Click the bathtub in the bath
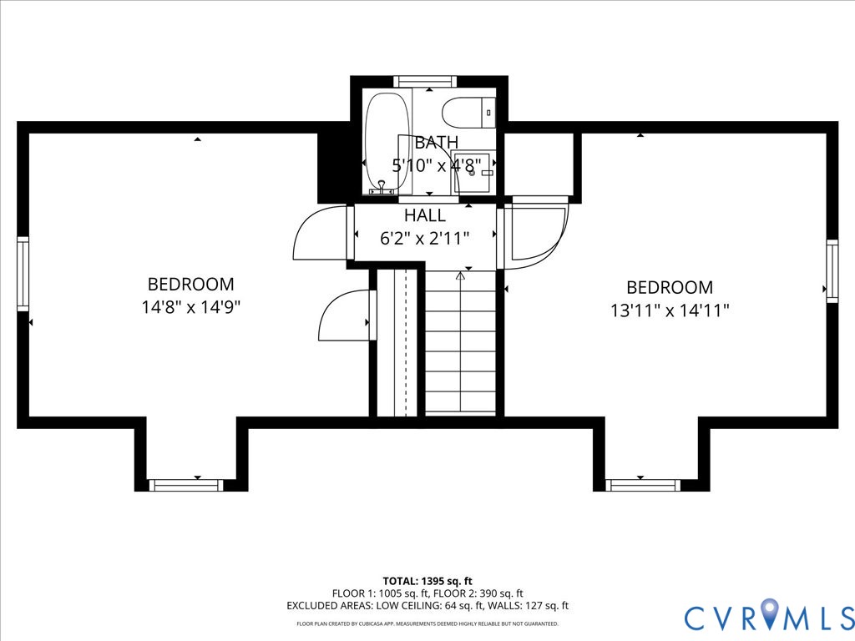(387, 142)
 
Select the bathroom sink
(473, 172)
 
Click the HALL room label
(425, 215)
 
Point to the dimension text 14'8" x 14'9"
(191, 307)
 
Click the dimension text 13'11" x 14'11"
(670, 310)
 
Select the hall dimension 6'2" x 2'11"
(425, 239)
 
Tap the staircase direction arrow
(460, 275)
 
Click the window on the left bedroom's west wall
(23, 274)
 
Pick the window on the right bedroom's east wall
(832, 270)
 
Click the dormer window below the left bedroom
(185, 485)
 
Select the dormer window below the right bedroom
(643, 485)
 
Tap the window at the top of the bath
(425, 81)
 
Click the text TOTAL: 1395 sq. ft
(427, 581)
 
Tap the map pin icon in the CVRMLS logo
(767, 616)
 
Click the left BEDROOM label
(191, 285)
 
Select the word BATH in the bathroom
(436, 143)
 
